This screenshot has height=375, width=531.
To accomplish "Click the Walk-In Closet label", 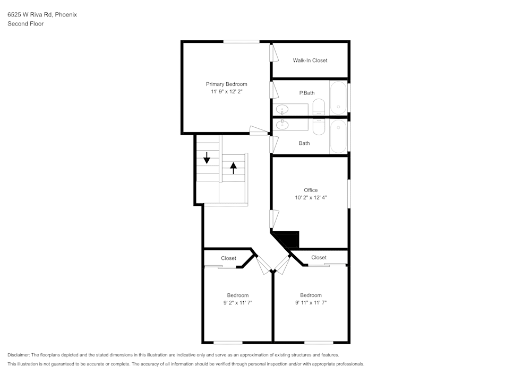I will [x=310, y=60].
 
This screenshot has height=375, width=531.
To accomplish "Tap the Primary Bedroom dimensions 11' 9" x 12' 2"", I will [x=227, y=92].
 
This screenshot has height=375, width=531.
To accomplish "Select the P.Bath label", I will [x=306, y=93].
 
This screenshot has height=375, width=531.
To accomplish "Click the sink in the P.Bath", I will [x=282, y=110].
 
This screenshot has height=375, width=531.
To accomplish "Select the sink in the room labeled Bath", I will [x=282, y=125].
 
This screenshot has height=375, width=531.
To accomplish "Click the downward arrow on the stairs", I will [x=207, y=158].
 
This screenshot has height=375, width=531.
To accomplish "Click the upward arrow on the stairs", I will [x=234, y=168].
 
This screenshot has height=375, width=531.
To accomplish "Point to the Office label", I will [x=311, y=190].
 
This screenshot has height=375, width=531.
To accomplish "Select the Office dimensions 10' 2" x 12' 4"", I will [x=311, y=197].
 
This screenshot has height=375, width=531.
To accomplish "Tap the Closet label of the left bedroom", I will [x=228, y=258].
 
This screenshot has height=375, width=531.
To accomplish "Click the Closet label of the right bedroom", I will [x=319, y=257].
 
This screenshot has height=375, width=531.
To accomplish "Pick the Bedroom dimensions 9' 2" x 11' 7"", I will [x=237, y=303].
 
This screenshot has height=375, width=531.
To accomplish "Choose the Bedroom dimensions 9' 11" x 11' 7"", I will [x=311, y=303].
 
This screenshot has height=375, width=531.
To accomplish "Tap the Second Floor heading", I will [x=25, y=24].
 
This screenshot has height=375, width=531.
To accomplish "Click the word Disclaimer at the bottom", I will [x=19, y=355].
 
